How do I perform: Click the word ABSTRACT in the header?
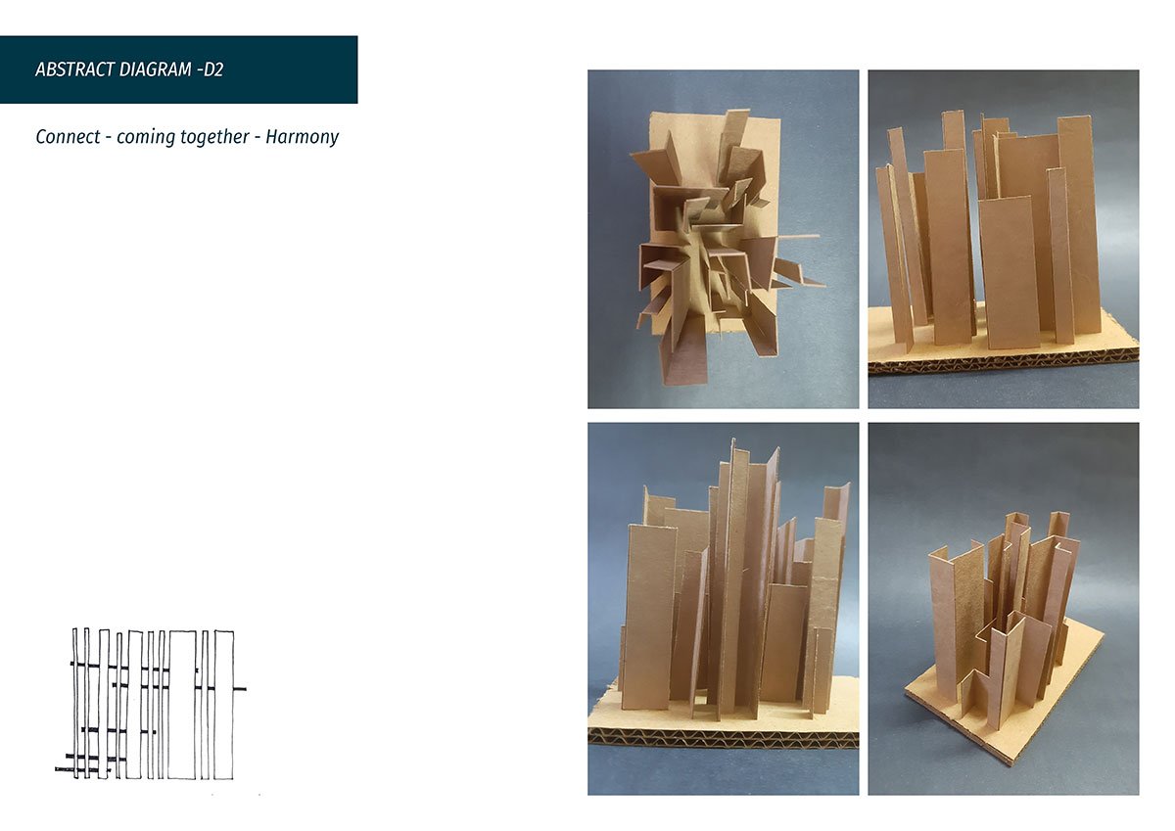[74, 69]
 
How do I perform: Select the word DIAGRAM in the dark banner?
[156, 69]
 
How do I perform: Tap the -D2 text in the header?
[211, 69]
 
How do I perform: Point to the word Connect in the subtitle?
[68, 137]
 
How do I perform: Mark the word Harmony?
[303, 138]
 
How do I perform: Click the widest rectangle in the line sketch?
[182, 705]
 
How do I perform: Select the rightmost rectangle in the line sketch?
[224, 705]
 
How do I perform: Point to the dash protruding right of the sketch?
[240, 688]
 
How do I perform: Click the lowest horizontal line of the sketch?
[82, 769]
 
